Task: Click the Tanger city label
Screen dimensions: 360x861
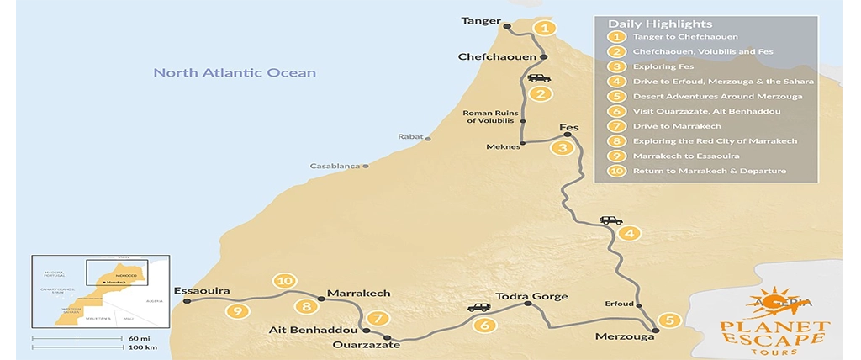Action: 480,20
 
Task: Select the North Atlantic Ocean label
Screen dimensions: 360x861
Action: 235,73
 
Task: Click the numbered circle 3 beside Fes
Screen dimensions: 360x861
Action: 562,148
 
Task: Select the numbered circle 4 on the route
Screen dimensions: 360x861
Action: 628,233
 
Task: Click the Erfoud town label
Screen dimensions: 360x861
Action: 618,304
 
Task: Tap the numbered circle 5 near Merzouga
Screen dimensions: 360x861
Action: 668,320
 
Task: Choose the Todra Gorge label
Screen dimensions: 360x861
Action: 532,296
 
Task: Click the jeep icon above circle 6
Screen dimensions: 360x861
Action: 478,308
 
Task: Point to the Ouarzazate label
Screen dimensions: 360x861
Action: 363,345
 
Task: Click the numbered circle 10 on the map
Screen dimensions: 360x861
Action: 285,281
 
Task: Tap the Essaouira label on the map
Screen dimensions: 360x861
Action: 201,291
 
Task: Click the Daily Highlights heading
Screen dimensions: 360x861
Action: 660,24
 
